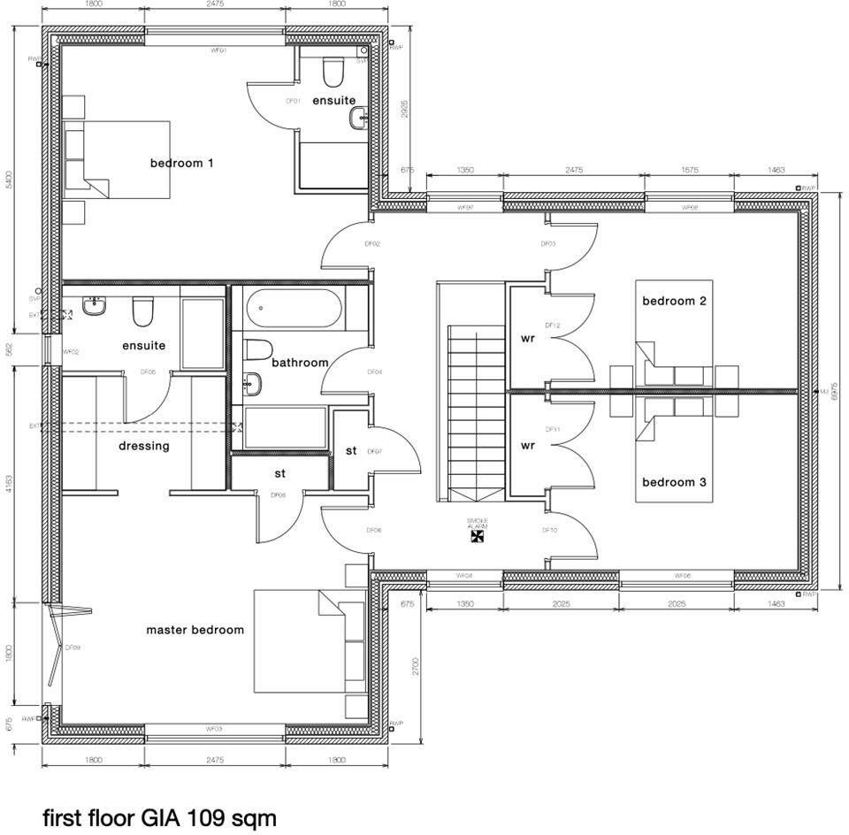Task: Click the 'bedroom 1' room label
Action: click(x=181, y=163)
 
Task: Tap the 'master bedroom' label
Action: click(x=195, y=630)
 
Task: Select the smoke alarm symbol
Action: click(x=478, y=534)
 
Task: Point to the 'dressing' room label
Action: click(x=144, y=446)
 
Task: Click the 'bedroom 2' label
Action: click(x=674, y=301)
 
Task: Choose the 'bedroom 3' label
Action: click(x=674, y=482)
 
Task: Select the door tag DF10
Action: click(x=549, y=531)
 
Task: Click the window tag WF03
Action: click(x=214, y=729)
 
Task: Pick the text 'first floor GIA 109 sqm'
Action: click(x=159, y=818)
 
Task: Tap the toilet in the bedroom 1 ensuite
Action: click(x=333, y=70)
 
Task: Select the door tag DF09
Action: click(x=73, y=647)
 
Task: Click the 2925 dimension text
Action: click(x=405, y=109)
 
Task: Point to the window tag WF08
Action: click(x=690, y=207)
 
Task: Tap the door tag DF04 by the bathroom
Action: click(x=374, y=372)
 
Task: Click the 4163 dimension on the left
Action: click(x=10, y=483)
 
